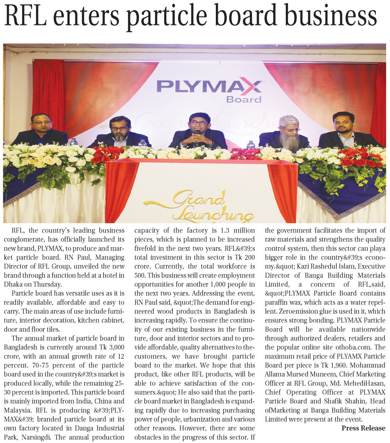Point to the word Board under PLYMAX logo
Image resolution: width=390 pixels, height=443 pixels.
[x=244, y=99]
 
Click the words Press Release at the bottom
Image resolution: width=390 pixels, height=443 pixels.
[x=363, y=428]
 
